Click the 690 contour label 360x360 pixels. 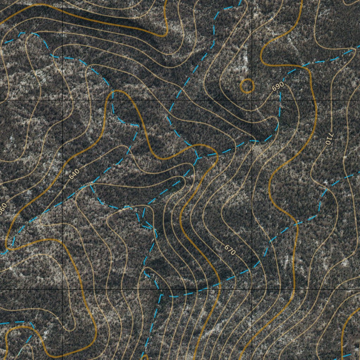278,86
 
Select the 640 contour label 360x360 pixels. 74,174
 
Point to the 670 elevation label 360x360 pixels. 230,249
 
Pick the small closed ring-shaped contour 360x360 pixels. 247,85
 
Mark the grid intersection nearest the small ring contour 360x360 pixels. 252,100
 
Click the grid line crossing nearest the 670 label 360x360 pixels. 252,289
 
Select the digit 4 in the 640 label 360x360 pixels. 74,174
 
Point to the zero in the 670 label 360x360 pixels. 233,252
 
